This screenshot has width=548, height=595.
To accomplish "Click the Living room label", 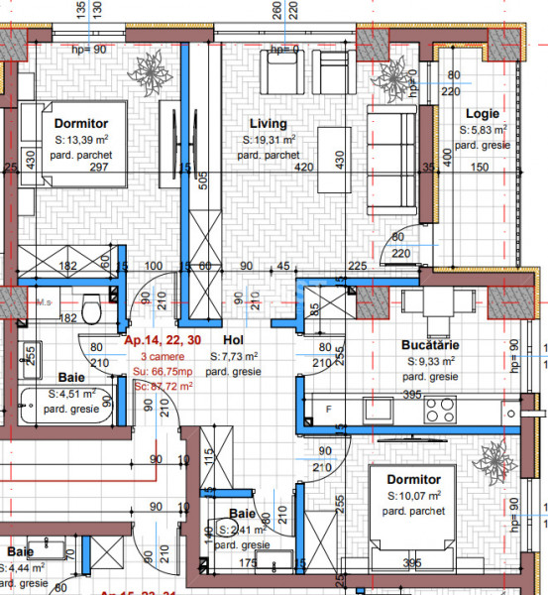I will point(268,124).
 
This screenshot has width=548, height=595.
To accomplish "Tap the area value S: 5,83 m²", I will point(485,129).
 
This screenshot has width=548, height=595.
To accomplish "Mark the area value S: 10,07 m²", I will point(415,495).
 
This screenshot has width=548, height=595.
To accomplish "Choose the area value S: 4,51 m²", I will point(73,394).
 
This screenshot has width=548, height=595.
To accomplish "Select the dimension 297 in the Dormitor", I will point(98,167).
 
